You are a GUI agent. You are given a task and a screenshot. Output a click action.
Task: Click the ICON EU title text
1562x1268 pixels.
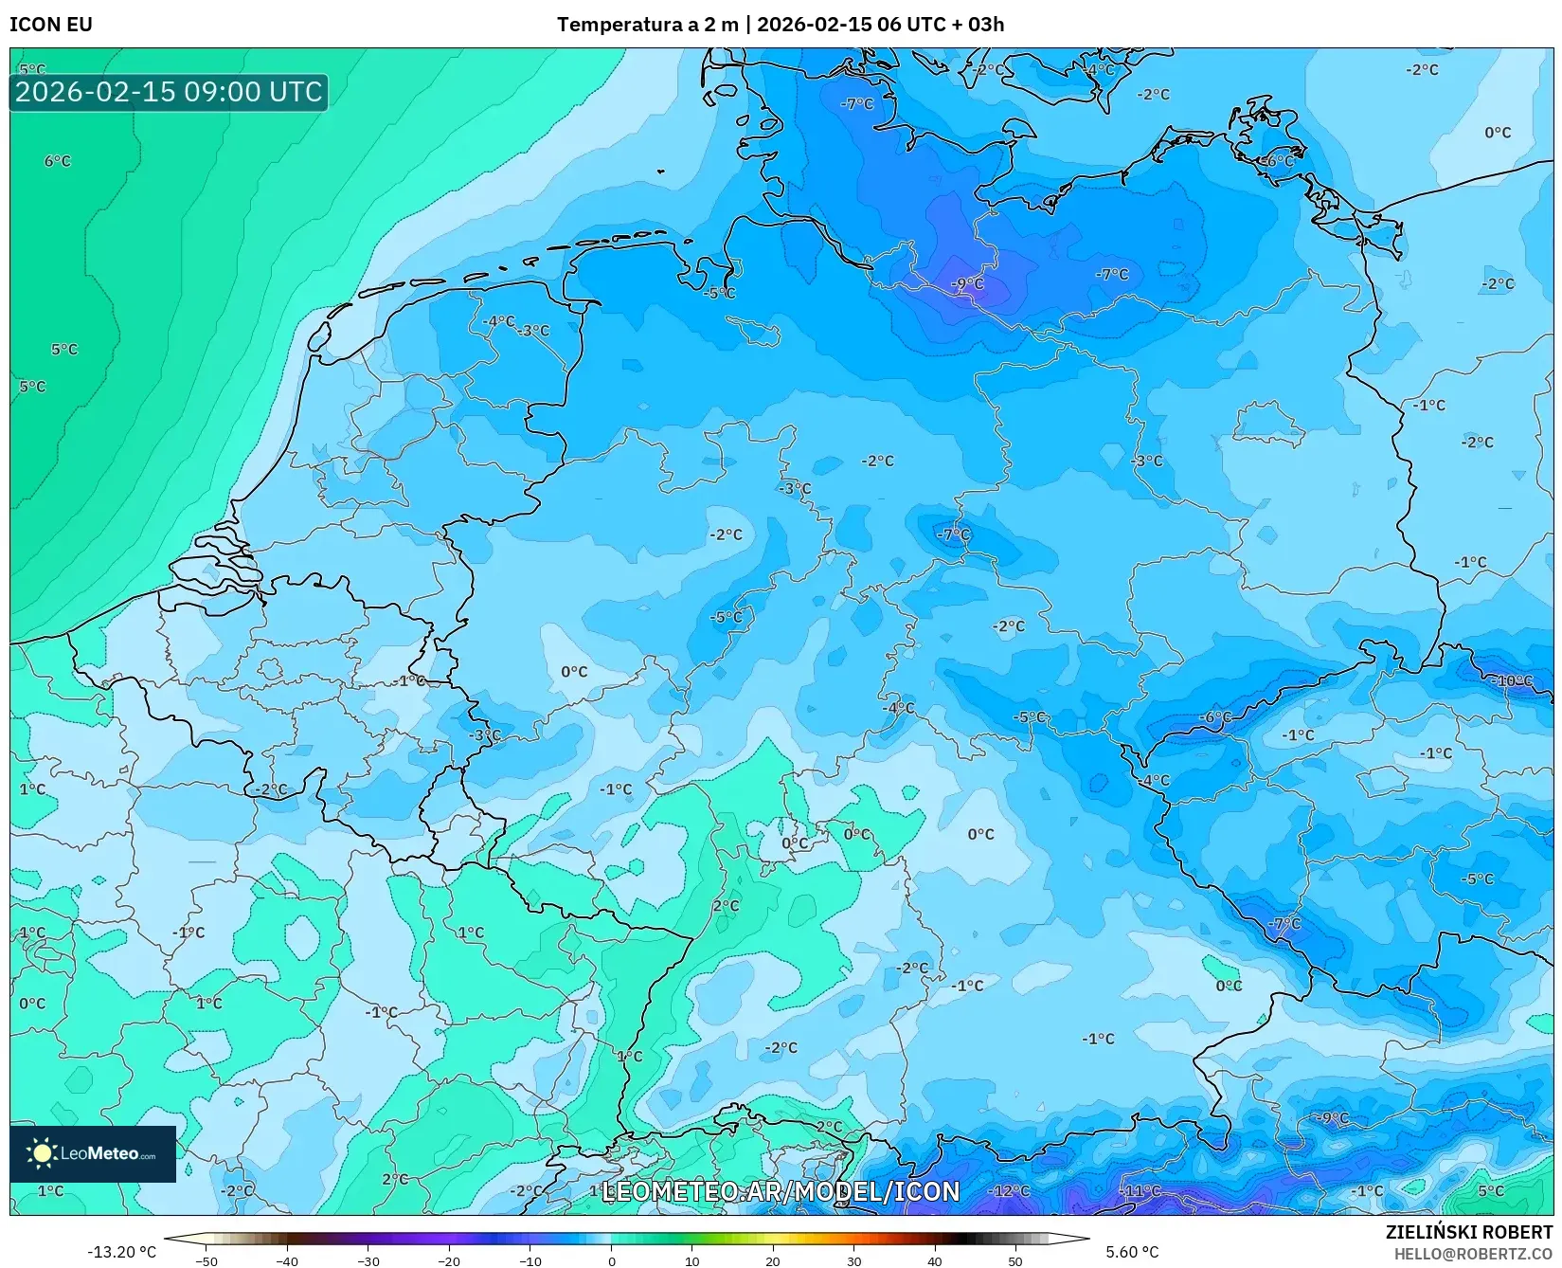click(x=51, y=25)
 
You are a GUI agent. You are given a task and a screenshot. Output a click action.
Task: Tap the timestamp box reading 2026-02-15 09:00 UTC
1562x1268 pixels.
click(x=169, y=92)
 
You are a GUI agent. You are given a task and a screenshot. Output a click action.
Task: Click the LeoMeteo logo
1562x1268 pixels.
click(x=92, y=1153)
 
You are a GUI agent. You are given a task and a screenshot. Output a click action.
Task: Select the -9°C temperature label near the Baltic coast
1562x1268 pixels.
click(x=968, y=283)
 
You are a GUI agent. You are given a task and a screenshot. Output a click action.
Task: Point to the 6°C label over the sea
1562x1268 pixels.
click(x=58, y=161)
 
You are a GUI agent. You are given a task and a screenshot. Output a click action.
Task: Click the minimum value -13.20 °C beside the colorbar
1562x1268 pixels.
click(x=121, y=1252)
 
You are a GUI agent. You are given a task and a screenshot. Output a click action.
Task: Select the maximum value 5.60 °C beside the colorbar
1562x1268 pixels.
click(x=1132, y=1252)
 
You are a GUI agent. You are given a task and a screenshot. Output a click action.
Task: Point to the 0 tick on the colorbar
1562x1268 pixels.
click(x=612, y=1260)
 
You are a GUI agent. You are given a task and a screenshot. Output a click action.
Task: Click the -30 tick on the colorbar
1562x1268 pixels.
click(x=368, y=1260)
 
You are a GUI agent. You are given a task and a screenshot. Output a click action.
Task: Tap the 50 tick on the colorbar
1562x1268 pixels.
click(x=1015, y=1260)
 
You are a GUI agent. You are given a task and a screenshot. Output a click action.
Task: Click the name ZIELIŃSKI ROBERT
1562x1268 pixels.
click(x=1469, y=1232)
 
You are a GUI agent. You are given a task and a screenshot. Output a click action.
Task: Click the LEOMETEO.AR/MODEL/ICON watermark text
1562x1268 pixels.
click(x=781, y=1191)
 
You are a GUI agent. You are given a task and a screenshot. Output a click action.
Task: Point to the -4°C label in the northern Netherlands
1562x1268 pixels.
click(x=499, y=321)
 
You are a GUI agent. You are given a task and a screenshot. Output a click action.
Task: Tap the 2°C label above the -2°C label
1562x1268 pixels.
click(x=727, y=906)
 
